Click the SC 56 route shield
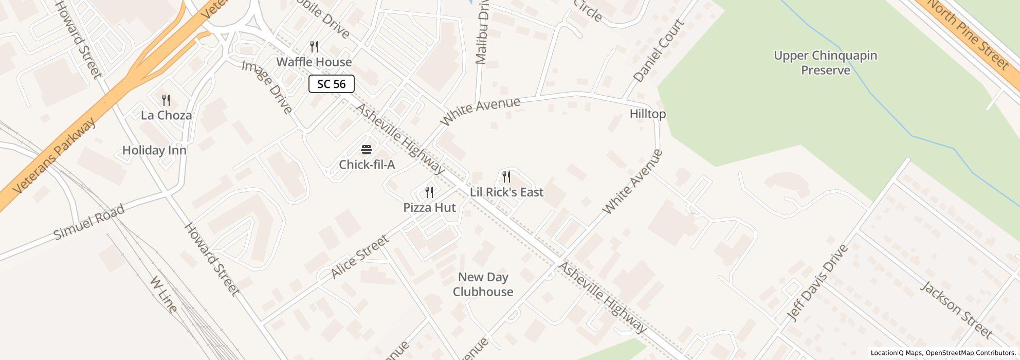(331, 84)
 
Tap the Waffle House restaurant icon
(315, 47)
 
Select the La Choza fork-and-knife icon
(166, 100)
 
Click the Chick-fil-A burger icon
(367, 150)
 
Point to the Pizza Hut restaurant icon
(429, 192)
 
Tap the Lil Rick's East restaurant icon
(506, 177)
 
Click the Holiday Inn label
(154, 151)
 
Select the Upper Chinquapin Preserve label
(825, 63)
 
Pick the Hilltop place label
(647, 114)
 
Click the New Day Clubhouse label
(483, 284)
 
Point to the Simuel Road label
(89, 222)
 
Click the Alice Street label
(360, 257)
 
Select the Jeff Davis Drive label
(818, 283)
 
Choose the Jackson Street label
(956, 310)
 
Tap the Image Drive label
(267, 87)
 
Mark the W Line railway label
(163, 295)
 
